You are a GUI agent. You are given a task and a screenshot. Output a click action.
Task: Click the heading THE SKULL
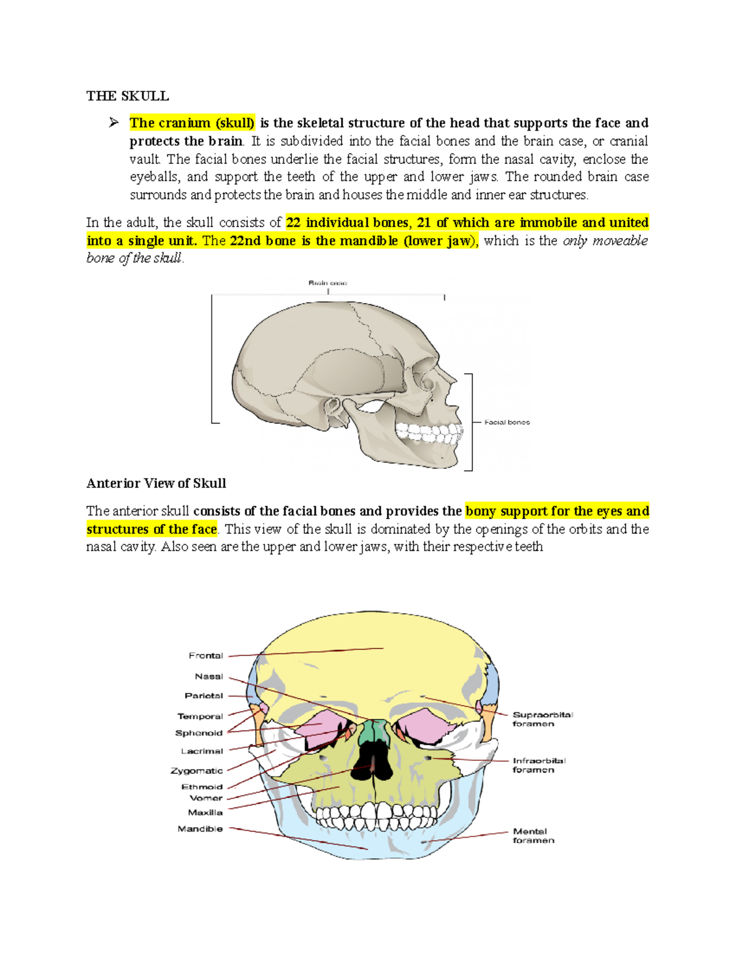pos(128,96)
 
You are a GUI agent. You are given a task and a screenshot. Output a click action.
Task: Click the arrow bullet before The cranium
pos(114,123)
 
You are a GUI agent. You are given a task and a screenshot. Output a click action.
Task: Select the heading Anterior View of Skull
pos(156,483)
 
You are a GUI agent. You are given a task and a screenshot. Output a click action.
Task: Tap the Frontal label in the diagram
pos(205,655)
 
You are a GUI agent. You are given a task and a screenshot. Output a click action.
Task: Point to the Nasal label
pos(209,676)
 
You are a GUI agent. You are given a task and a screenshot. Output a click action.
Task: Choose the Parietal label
pos(204,696)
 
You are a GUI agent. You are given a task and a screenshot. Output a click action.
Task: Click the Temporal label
pos(200,716)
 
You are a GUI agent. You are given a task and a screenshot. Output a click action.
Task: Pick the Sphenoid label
pos(199,733)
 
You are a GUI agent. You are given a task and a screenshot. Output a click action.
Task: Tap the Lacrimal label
pos(202,751)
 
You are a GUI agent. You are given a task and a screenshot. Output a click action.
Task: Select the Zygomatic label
pos(196,771)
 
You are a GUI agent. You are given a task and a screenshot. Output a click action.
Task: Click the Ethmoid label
pos(202,787)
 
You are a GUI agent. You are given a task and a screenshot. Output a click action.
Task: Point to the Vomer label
pos(206,798)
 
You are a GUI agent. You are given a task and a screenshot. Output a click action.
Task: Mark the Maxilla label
pos(205,812)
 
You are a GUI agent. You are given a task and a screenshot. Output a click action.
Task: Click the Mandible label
pos(200,828)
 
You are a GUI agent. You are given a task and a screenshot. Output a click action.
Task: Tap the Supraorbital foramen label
pos(542,719)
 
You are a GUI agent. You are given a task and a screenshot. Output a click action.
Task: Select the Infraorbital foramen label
pos(539,765)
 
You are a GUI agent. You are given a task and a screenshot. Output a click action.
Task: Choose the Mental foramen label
pos(533,836)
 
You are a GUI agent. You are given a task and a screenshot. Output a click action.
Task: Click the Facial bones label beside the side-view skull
pos(507,422)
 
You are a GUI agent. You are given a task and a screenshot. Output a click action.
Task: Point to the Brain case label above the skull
pos(328,283)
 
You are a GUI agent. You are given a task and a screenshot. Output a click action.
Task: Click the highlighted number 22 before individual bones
pos(293,223)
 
